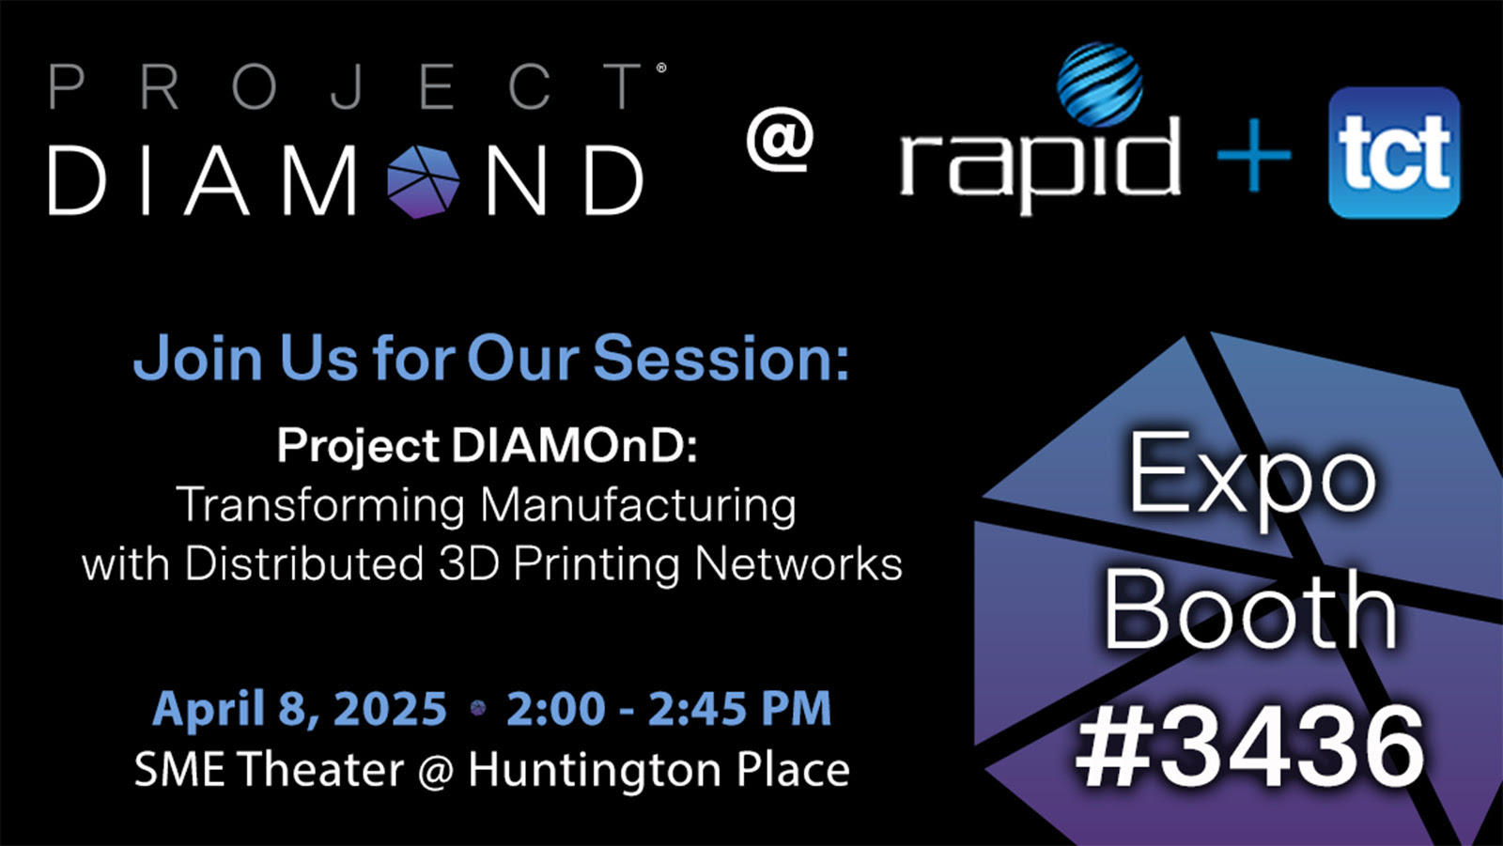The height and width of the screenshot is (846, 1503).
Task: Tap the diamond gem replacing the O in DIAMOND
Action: tap(423, 181)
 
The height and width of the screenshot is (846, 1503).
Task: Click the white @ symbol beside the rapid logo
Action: tap(780, 139)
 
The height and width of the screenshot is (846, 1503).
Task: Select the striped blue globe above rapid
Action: tap(1100, 85)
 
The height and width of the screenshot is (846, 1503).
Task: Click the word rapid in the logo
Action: tap(1039, 164)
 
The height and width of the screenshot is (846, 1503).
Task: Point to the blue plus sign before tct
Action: tap(1254, 156)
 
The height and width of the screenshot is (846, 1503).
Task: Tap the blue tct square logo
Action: tap(1394, 152)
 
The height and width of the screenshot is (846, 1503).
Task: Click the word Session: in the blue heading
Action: tap(721, 358)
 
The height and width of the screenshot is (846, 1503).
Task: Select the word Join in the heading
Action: tap(198, 358)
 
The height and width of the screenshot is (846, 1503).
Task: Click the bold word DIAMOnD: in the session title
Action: tap(574, 445)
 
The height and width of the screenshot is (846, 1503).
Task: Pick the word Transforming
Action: tap(320, 506)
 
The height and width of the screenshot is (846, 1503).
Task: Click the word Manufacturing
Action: tap(640, 506)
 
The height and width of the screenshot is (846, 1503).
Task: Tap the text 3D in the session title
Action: tap(469, 563)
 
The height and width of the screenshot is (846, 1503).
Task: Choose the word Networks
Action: tap(798, 563)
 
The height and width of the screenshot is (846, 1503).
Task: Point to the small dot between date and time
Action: tap(478, 708)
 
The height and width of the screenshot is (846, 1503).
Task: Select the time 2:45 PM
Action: tap(739, 709)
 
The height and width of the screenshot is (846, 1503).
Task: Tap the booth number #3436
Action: tap(1249, 747)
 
